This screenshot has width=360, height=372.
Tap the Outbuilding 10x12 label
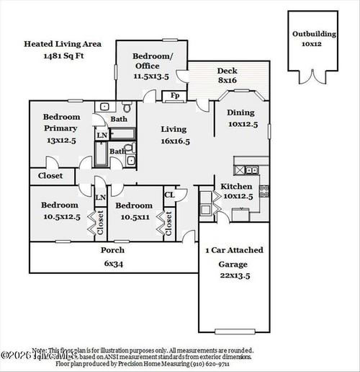(x=313, y=38)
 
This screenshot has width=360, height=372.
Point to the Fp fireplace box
(x=174, y=95)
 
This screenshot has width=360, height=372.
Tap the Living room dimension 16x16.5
(x=174, y=141)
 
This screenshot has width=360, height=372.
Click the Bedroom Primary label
(x=60, y=123)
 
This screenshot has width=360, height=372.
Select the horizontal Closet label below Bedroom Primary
(x=50, y=176)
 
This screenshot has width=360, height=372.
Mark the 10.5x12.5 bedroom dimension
(x=60, y=216)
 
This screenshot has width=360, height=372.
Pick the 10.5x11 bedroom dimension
(x=134, y=216)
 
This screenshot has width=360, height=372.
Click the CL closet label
(x=170, y=194)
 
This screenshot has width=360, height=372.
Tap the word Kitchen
(x=236, y=186)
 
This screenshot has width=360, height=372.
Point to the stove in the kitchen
(x=264, y=191)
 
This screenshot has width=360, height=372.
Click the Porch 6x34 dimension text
(x=112, y=264)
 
